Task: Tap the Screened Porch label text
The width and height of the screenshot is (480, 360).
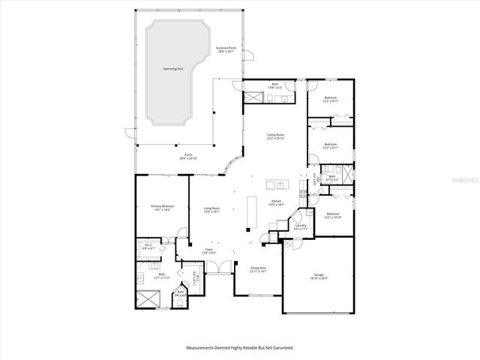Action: [225, 49]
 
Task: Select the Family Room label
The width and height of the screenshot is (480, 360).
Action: [275, 136]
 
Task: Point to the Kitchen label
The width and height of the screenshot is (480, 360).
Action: [275, 202]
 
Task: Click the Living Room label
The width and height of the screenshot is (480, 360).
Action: [211, 210]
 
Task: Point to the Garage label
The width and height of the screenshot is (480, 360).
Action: [318, 276]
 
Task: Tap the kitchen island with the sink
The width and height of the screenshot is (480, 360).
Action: [276, 184]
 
